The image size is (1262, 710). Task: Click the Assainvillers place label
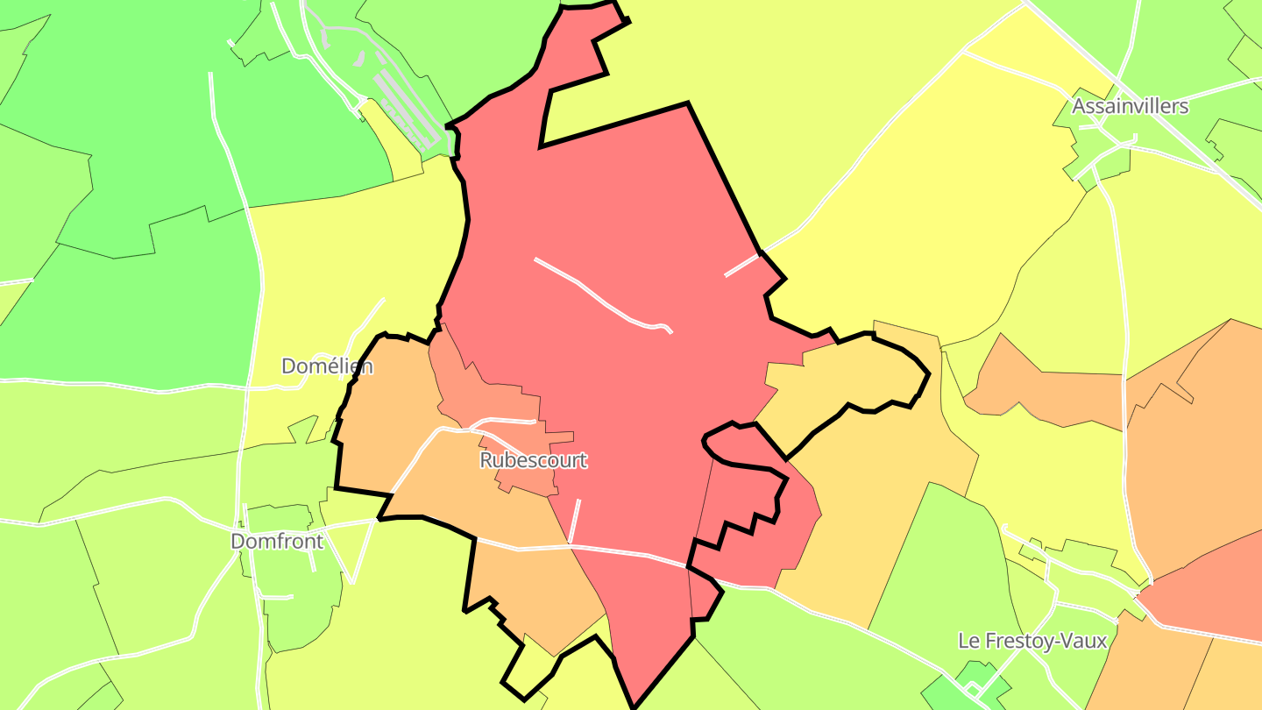pyautogui.click(x=1130, y=106)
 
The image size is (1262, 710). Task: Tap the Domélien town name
pyautogui.click(x=327, y=366)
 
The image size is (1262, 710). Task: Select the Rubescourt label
pyautogui.click(x=533, y=460)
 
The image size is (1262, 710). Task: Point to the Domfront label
pyautogui.click(x=277, y=542)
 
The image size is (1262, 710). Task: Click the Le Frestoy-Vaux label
pyautogui.click(x=1032, y=641)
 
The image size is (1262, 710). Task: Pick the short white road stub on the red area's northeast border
pyautogui.click(x=741, y=266)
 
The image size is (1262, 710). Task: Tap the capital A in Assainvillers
pyautogui.click(x=1079, y=106)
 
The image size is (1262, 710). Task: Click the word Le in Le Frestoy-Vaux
pyautogui.click(x=968, y=641)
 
